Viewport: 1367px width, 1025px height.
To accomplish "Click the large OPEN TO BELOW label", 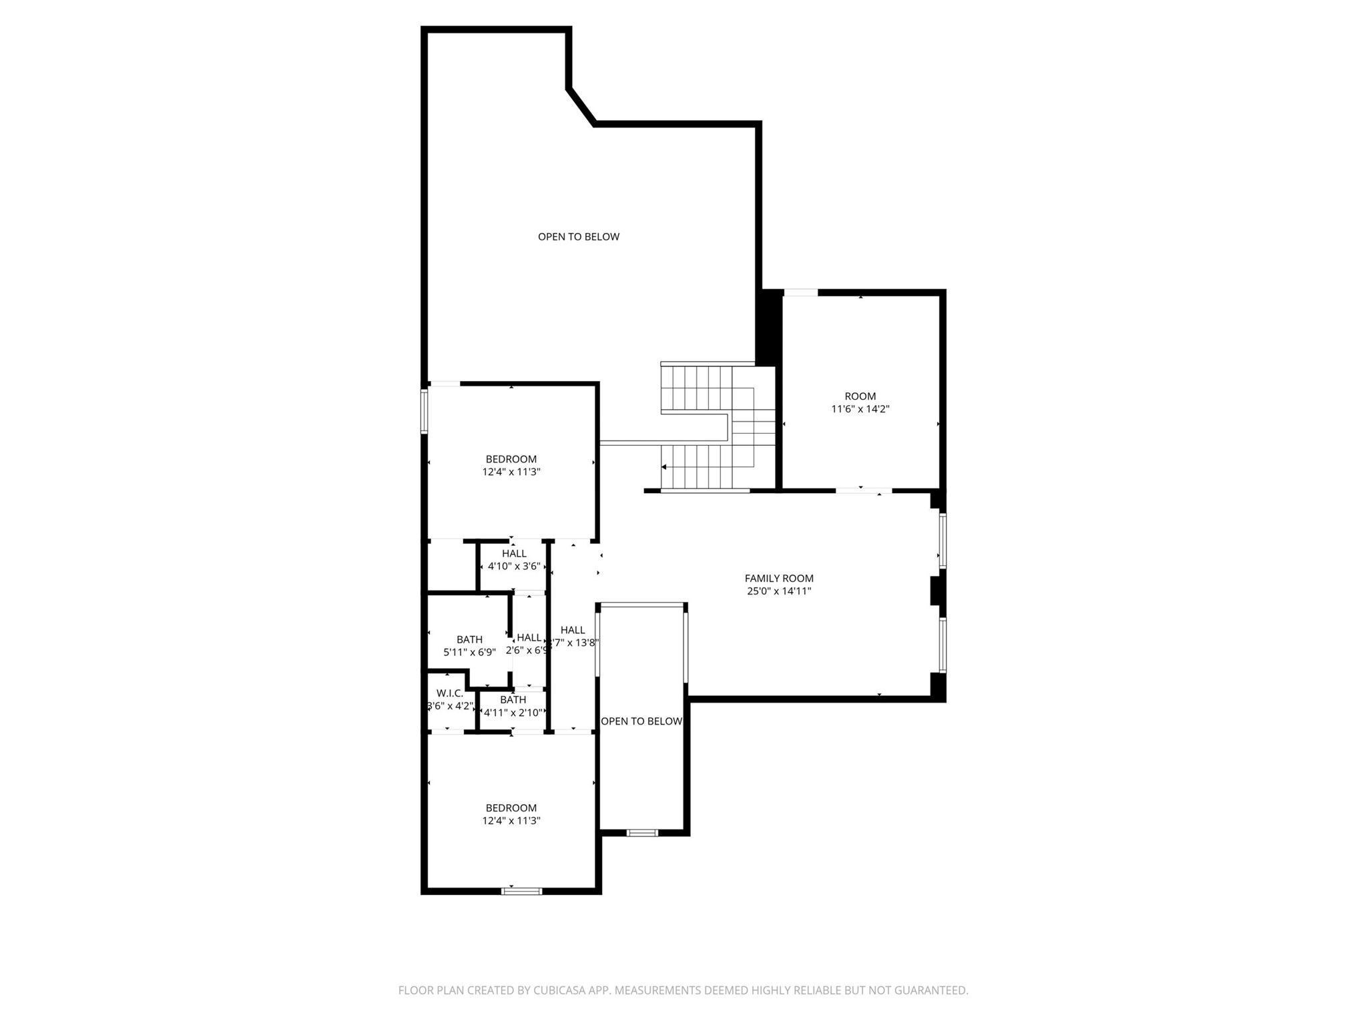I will [579, 237].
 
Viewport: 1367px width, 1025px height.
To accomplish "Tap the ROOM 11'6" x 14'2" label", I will [860, 402].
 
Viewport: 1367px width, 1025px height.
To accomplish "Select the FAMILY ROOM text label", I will [779, 579].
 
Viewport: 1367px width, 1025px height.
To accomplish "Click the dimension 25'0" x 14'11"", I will [779, 591].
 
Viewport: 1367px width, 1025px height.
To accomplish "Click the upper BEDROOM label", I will [511, 459].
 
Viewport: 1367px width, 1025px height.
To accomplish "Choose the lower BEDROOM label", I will [511, 808].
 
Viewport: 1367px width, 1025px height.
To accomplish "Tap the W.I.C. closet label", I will [450, 693].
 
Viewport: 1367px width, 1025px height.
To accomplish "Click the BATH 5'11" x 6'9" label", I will [469, 645].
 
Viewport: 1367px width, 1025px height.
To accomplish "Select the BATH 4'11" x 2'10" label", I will [513, 706].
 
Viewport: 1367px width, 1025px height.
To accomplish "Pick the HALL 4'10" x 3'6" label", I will [514, 559].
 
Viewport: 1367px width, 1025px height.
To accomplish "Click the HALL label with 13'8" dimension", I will [573, 636].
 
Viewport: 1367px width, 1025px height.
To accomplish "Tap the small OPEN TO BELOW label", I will [641, 721].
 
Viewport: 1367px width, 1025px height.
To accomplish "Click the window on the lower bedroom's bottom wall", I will [522, 890].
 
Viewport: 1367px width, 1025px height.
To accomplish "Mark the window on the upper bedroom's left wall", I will [424, 412].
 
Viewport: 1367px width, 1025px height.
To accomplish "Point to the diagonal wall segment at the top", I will [581, 106].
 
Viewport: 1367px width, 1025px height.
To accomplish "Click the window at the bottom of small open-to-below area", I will [642, 832].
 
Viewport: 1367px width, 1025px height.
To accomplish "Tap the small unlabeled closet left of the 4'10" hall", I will [451, 566].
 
